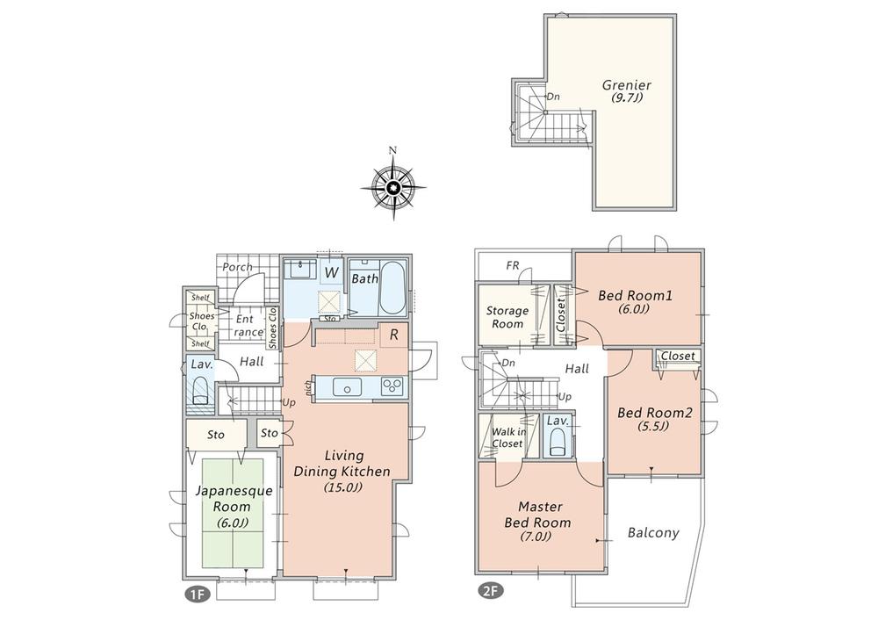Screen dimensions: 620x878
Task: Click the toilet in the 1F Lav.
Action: point(199,390)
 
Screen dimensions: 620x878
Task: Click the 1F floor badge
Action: point(196,594)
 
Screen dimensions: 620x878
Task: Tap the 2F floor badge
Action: point(489,590)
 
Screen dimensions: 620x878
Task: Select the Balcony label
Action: point(653,533)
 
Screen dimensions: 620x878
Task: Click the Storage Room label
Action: point(507,317)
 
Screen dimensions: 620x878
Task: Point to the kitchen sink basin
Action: point(349,388)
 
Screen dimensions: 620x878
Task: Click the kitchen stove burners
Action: point(391,387)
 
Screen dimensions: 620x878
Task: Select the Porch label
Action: point(237,267)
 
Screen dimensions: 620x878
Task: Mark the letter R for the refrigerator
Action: point(395,335)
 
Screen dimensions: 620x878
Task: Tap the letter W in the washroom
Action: point(331,273)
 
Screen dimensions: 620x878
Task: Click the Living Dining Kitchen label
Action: point(344,471)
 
